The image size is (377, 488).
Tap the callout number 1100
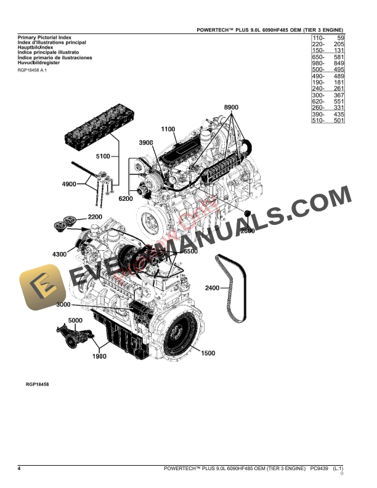coord(168,129)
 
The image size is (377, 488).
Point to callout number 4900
coord(69,184)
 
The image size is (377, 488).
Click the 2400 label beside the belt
coord(213,288)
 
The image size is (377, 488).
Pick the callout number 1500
coord(208,353)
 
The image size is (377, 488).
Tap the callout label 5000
coord(75,321)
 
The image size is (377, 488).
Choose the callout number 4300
coord(60,254)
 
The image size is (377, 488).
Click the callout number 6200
coord(126,198)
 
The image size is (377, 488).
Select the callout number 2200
coord(95,218)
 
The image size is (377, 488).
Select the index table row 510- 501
coord(328,121)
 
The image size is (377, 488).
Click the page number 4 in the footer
coord(20,469)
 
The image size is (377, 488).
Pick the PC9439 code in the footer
coord(319,469)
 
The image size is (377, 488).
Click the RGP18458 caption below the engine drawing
coord(38,384)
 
